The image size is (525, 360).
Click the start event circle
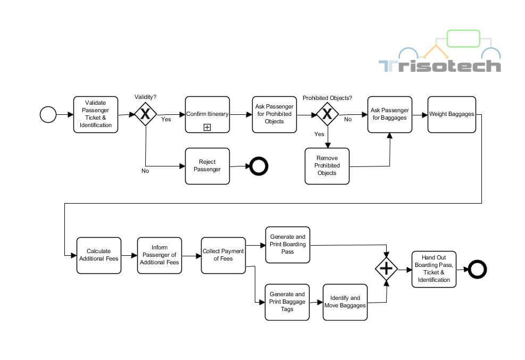(48, 114)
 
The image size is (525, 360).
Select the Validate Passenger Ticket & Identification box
(96, 114)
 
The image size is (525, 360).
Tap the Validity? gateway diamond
(145, 114)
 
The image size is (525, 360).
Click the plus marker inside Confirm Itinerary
(207, 127)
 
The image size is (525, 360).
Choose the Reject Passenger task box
(207, 166)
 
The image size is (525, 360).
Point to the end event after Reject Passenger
(259, 166)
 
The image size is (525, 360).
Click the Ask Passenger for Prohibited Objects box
(274, 114)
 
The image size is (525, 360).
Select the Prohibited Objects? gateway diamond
(327, 114)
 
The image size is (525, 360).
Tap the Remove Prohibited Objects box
(327, 166)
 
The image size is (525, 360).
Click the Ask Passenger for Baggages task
(389, 114)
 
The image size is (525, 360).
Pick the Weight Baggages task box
(451, 114)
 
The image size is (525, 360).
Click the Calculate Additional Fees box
(98, 255)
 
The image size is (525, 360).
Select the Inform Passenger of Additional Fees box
(159, 255)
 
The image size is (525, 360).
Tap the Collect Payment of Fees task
(223, 255)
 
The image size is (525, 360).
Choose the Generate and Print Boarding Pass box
(287, 245)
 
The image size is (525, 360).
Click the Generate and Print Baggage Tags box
(287, 302)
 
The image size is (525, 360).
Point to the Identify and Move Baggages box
(345, 302)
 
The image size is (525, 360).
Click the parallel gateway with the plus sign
(386, 270)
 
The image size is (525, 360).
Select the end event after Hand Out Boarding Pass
(477, 270)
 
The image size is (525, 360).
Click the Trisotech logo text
(439, 66)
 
